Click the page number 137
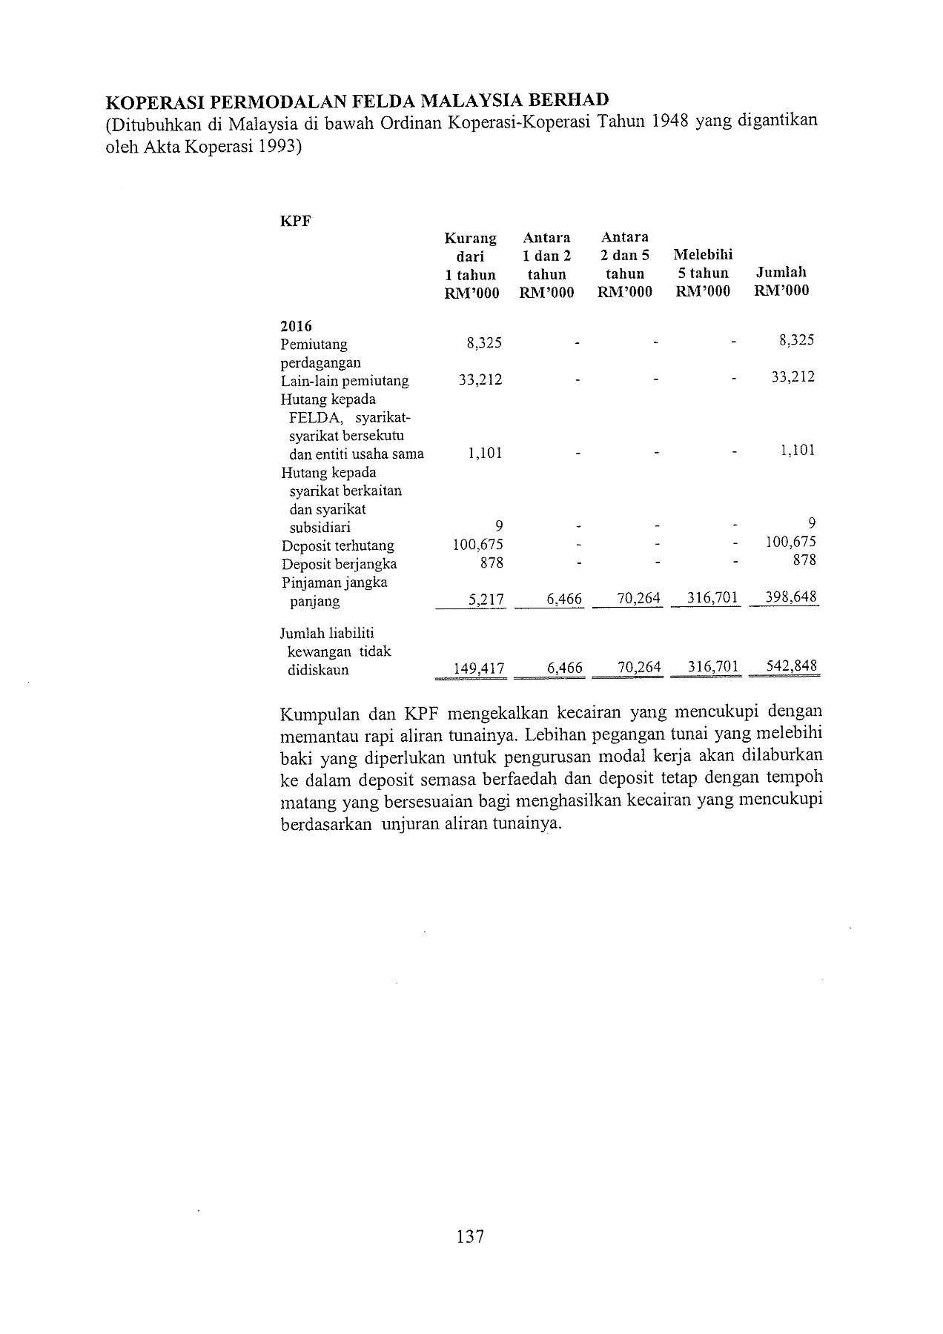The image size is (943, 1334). [x=470, y=1236]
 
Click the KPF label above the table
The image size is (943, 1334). [x=296, y=221]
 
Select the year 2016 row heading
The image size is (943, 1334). [x=296, y=326]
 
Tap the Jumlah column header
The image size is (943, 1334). [x=781, y=282]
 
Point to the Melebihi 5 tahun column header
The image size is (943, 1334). [x=703, y=273]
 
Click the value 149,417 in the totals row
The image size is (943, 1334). [x=478, y=668]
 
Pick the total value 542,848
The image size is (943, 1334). [x=792, y=666]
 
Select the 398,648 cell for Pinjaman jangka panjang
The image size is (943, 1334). [x=792, y=597]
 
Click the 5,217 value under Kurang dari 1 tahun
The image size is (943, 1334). [x=486, y=599]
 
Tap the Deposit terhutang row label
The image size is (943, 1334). [x=337, y=546]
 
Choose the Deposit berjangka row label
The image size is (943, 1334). [x=339, y=564]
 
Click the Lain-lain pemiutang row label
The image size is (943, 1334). [x=345, y=381]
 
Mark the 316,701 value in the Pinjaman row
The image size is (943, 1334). [x=712, y=597]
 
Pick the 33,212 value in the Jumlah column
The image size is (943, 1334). [x=793, y=376]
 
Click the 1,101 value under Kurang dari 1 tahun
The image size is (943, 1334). [x=485, y=454]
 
